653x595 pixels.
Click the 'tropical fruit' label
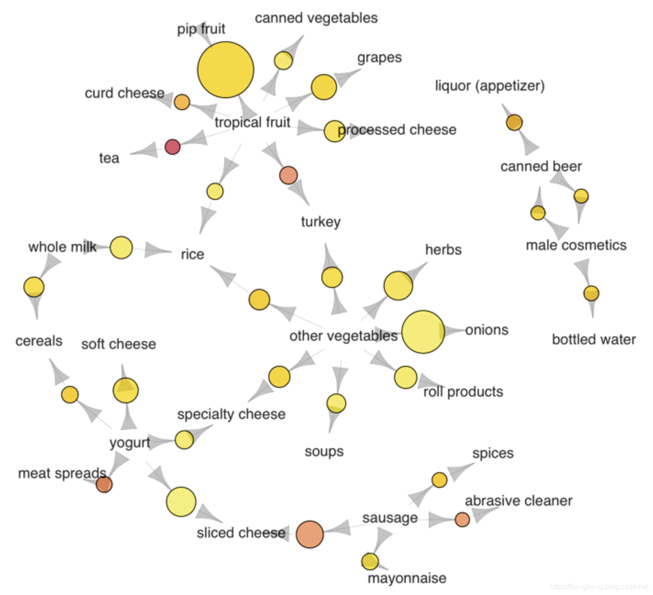(252, 122)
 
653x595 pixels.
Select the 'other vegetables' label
(343, 336)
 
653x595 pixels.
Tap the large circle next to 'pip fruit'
(226, 70)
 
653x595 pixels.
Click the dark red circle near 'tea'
(172, 147)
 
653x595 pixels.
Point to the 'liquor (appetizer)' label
(490, 86)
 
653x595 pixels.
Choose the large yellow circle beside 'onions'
(423, 332)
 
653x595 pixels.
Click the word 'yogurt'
(129, 443)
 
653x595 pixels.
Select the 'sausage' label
(390, 518)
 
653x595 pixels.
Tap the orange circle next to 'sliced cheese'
(310, 534)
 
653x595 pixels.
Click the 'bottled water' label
(594, 340)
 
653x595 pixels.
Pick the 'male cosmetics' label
(576, 245)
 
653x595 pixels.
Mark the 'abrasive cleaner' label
(519, 501)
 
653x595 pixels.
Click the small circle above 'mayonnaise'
(370, 561)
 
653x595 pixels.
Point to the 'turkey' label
(321, 222)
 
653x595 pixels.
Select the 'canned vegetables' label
(316, 18)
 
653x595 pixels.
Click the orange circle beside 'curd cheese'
(182, 102)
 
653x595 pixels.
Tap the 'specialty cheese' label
(231, 414)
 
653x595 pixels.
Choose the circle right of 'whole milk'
(121, 248)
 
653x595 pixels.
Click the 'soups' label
(324, 452)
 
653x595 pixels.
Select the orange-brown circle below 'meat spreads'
(104, 484)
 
